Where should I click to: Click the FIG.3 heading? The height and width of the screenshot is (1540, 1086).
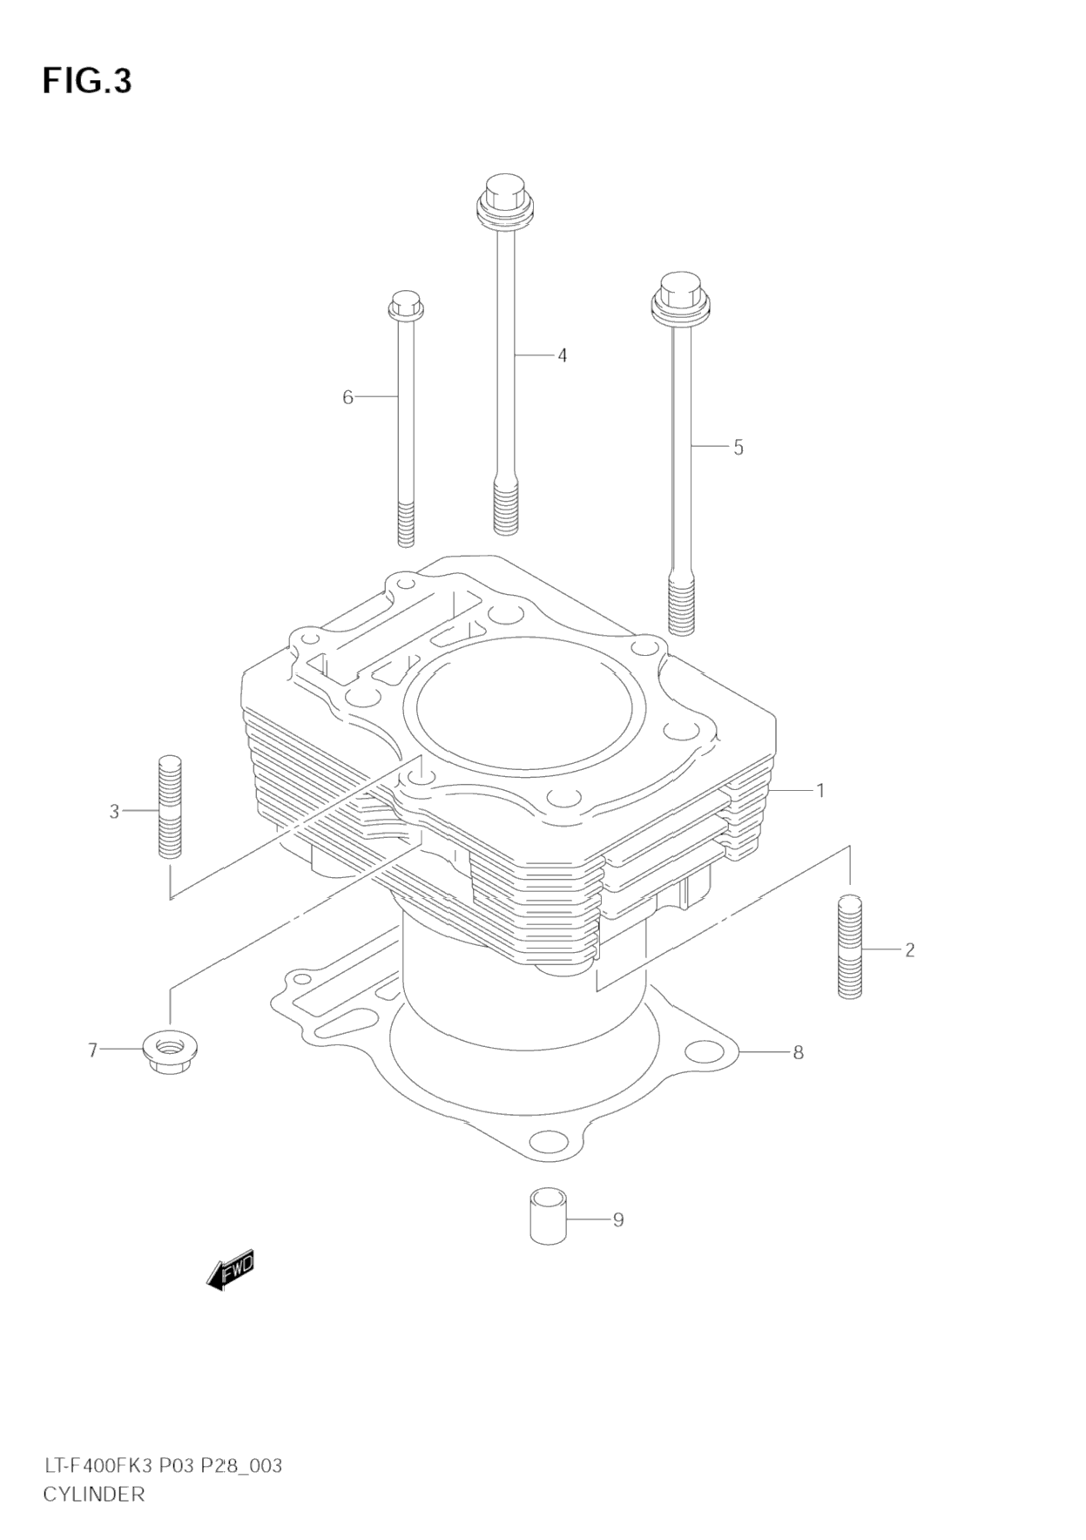click(87, 81)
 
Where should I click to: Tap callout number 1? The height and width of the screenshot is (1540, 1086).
click(820, 791)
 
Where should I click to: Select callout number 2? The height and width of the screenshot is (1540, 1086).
click(909, 949)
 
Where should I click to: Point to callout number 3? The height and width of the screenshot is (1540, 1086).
click(114, 812)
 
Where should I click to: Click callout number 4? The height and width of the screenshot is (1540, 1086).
click(563, 355)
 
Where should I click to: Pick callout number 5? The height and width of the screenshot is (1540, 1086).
click(739, 448)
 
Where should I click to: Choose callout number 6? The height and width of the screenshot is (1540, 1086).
click(347, 398)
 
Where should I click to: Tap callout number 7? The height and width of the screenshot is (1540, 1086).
click(92, 1051)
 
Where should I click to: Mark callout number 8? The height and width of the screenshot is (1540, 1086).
click(798, 1052)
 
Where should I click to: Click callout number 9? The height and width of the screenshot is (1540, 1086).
click(618, 1219)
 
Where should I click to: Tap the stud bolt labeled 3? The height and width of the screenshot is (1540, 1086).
click(171, 807)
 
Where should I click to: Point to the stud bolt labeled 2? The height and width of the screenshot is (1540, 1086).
click(850, 946)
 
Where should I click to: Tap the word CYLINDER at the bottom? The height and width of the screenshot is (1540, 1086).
click(94, 1495)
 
